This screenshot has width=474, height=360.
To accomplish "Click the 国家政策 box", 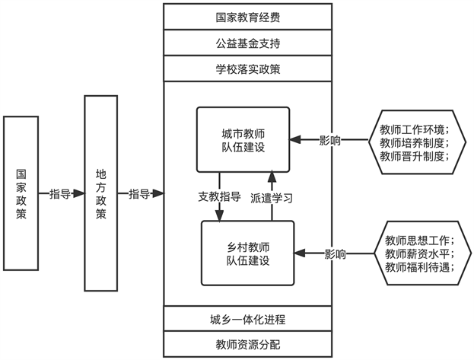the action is tap(21, 193).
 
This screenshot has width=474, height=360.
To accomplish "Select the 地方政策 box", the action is tap(101, 193).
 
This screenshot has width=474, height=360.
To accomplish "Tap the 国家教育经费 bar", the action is tap(247, 17).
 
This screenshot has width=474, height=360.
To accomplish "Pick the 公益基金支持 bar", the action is tap(247, 43).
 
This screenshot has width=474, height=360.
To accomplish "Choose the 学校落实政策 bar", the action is tap(247, 68).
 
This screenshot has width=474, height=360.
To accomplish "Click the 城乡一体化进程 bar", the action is tap(247, 319).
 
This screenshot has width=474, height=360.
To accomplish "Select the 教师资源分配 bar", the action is tap(247, 344).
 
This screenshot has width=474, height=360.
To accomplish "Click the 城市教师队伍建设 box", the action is tap(243, 140).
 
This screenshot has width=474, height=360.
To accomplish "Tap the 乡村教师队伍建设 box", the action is tap(248, 253).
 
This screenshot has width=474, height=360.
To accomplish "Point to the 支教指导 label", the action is tap(219, 196).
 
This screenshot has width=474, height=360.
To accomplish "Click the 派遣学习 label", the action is tap(272, 198).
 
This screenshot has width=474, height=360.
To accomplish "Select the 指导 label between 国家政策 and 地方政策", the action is tap(60, 193).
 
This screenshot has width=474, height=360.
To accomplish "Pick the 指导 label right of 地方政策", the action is tap(139, 193).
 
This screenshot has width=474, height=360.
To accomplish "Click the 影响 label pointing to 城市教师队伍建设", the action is tap(329, 140).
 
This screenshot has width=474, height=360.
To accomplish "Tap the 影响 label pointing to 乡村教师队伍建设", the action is tap(336, 253).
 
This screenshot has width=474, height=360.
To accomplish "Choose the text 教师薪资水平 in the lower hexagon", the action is tap(417, 253).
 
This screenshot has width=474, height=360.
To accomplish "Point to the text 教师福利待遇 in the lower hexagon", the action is tap(417, 267).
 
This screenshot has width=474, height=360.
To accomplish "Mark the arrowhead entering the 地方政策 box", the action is tap(78, 193).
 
